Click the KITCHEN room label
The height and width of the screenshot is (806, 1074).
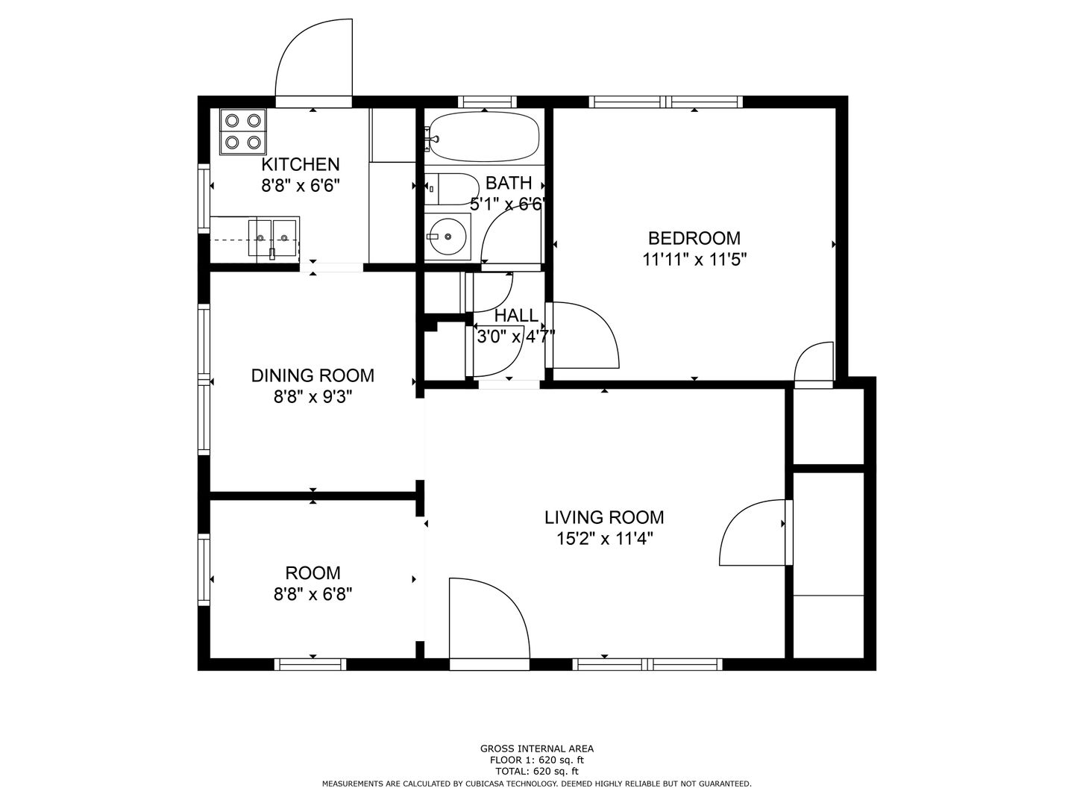point(301,164)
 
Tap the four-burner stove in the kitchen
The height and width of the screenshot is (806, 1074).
point(242,132)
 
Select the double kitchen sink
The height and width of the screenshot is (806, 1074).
point(272,238)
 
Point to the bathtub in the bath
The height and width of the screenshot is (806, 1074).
point(482,137)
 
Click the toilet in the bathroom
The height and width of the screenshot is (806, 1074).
point(451,189)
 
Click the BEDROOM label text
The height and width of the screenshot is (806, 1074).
point(694,238)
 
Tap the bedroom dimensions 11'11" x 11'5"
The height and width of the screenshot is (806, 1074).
point(694,260)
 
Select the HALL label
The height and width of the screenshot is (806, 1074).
point(516,315)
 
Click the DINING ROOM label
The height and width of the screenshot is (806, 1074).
point(313,376)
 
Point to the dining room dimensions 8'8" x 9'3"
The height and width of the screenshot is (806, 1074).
point(313,397)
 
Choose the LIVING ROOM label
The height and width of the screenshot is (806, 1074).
point(604,517)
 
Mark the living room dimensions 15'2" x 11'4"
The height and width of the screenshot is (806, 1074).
point(604,540)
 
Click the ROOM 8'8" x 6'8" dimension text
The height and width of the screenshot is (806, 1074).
point(313,595)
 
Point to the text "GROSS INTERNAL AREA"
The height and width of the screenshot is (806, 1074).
point(537,749)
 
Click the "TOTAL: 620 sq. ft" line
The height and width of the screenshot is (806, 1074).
point(537,772)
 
